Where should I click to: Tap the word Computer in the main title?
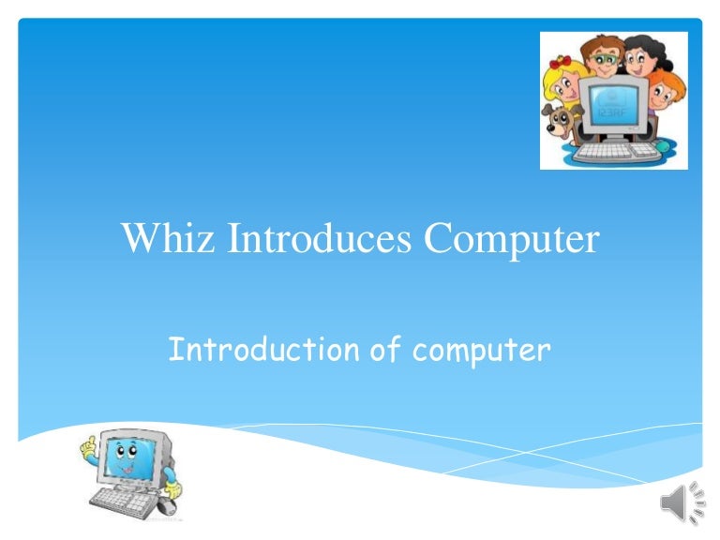click(511, 240)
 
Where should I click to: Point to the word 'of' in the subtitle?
click(385, 350)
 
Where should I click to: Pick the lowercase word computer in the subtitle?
click(481, 352)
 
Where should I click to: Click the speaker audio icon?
click(682, 505)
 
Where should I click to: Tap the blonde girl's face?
click(567, 87)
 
